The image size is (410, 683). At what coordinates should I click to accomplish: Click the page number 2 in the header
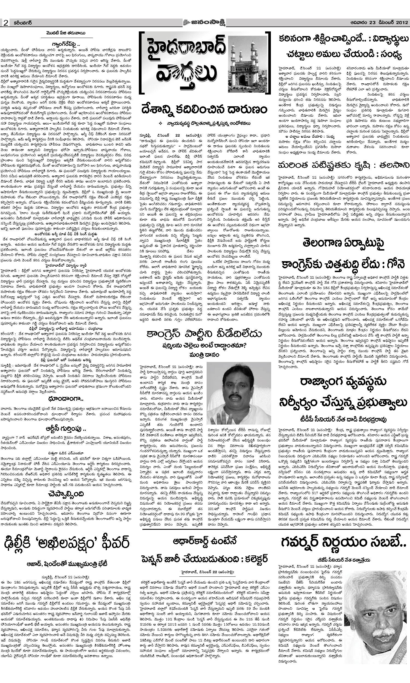pyautogui.click(x=5, y=23)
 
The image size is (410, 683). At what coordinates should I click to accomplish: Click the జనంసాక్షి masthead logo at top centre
pyautogui.click(x=204, y=22)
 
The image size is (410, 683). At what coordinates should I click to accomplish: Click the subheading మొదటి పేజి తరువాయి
pyautogui.click(x=66, y=33)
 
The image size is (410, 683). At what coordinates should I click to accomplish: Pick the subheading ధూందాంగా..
pyautogui.click(x=66, y=399)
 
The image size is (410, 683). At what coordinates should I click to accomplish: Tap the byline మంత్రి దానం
pyautogui.click(x=204, y=354)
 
